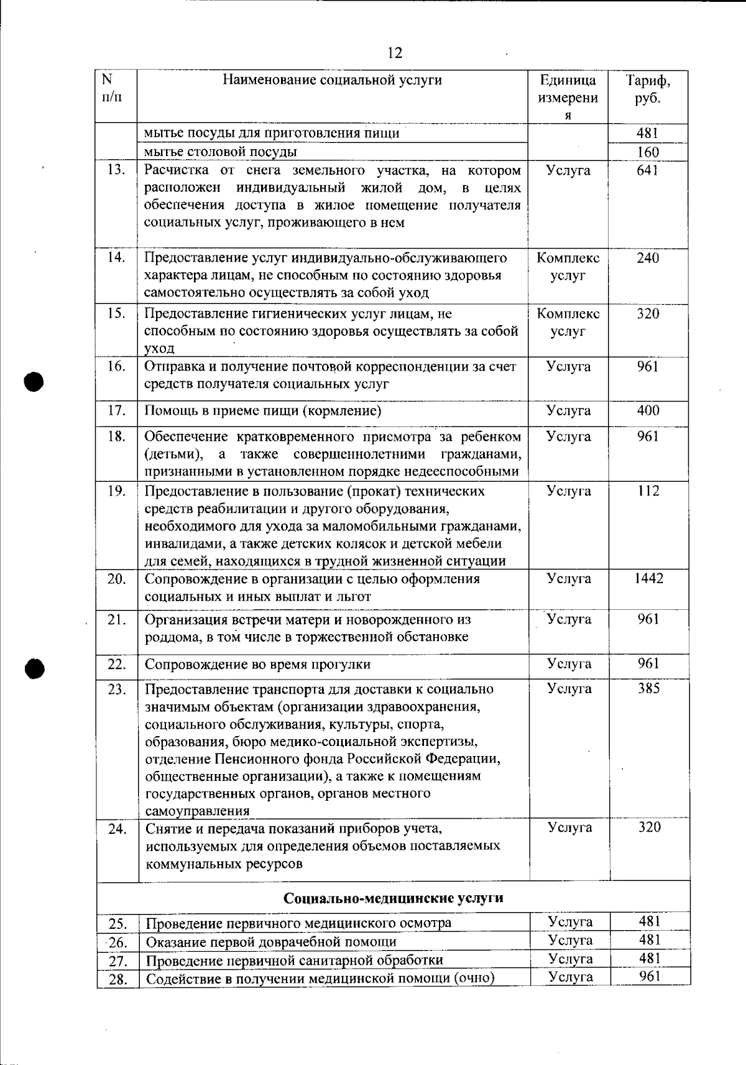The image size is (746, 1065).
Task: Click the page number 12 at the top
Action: [395, 53]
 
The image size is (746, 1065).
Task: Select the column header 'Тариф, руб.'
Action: [648, 90]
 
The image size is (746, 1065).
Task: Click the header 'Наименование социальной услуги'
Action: [333, 80]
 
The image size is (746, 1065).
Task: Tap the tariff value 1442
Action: [648, 579]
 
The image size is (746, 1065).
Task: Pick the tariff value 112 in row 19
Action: [648, 491]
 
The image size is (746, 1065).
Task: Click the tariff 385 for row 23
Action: [648, 688]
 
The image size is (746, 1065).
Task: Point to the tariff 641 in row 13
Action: [647, 170]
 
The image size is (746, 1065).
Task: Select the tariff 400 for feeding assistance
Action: [648, 410]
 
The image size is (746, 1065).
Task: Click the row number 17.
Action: [117, 411]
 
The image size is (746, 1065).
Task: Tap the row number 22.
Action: [117, 664]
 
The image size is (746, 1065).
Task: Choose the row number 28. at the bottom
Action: [117, 980]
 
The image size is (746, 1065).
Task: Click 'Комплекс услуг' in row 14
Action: [568, 267]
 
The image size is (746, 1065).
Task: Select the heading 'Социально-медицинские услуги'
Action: [394, 898]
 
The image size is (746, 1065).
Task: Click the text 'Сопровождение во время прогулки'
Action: [257, 665]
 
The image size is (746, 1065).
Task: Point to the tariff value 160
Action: [648, 152]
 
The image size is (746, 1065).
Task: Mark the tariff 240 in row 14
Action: [648, 258]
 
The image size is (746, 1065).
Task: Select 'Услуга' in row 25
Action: [570, 921]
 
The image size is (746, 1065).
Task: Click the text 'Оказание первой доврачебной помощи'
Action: [271, 941]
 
